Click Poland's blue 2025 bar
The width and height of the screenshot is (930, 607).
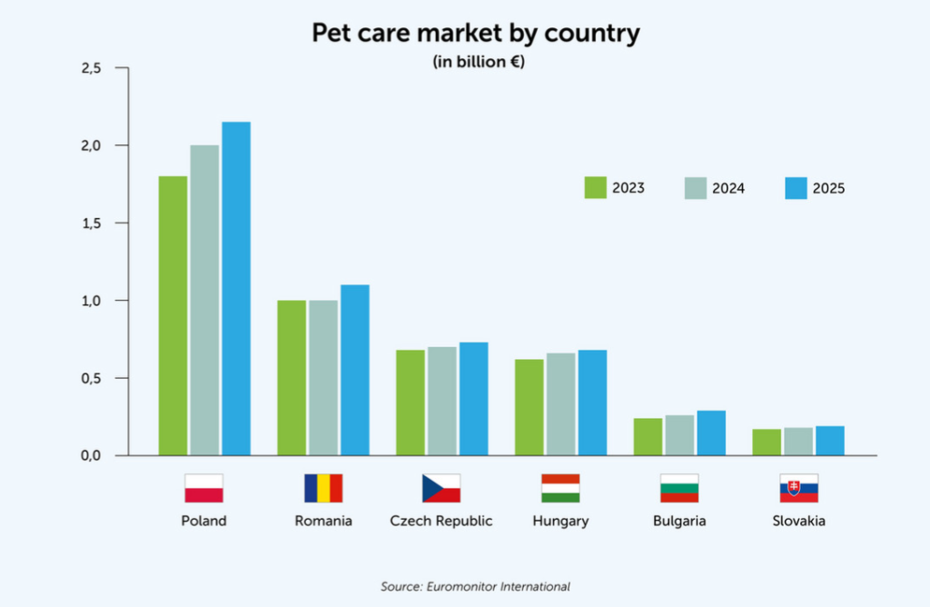(x=236, y=288)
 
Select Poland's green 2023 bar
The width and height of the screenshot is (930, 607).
(x=173, y=315)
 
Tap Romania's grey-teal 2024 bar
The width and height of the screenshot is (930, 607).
(x=322, y=377)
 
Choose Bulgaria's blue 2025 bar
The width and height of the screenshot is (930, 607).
(x=711, y=433)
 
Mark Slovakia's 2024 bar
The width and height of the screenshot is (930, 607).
(x=798, y=441)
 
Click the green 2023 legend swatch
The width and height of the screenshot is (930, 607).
(x=596, y=187)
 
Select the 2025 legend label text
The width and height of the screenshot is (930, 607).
(x=829, y=188)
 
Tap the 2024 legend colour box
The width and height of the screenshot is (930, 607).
(x=696, y=187)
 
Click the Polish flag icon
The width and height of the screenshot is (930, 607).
(x=203, y=488)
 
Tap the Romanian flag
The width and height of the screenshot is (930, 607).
(x=323, y=488)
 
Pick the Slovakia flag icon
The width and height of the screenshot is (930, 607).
(x=798, y=488)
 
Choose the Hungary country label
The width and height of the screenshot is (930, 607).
(x=560, y=521)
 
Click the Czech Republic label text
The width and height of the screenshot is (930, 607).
(x=441, y=521)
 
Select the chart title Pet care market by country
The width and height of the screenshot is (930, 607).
(x=476, y=34)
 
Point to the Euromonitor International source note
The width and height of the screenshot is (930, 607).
(x=475, y=586)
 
